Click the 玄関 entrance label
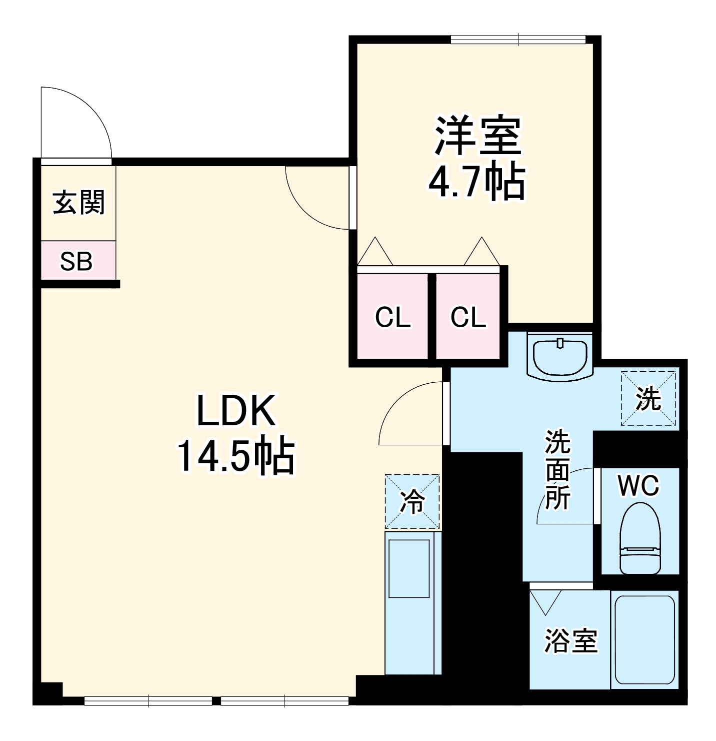[x=79, y=203]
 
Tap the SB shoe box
[x=76, y=261]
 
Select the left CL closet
[x=392, y=317]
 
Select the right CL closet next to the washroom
[x=468, y=317]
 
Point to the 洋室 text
[x=477, y=136]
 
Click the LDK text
[x=236, y=411]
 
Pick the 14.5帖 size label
[x=235, y=456]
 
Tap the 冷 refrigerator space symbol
[x=412, y=502]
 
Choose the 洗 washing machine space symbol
[x=648, y=399]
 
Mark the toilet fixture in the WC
[x=640, y=538]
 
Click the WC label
[x=638, y=485]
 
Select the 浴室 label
[x=570, y=641]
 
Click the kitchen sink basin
[x=409, y=568]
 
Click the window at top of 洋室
[x=518, y=40]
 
